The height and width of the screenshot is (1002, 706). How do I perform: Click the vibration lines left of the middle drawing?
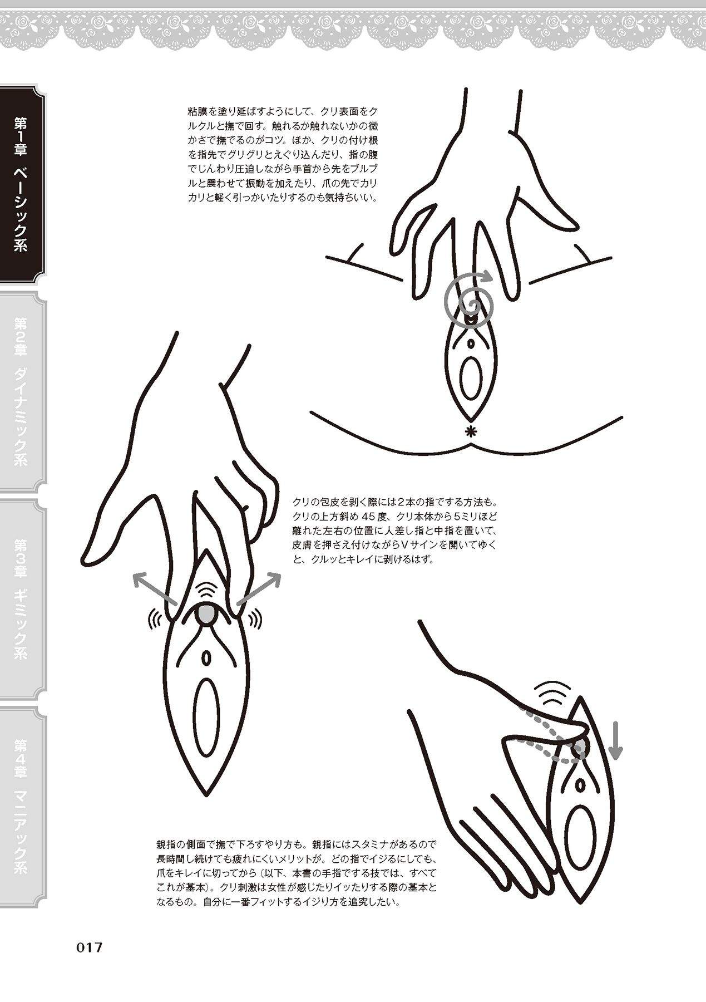pyautogui.click(x=154, y=617)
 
